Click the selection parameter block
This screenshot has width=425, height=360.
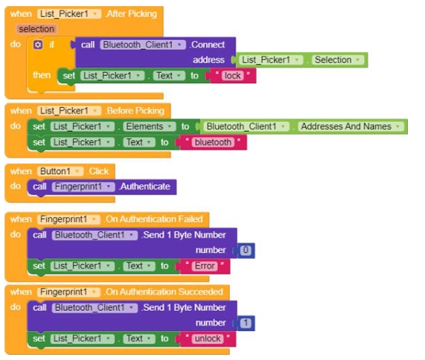tap(36, 29)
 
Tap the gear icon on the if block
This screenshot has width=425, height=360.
tap(38, 45)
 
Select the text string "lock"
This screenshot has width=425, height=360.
tap(232, 76)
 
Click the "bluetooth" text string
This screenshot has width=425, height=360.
tap(213, 142)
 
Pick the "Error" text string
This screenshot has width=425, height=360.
tap(205, 266)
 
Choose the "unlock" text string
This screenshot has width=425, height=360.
tap(208, 338)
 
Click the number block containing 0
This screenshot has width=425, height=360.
tap(246, 250)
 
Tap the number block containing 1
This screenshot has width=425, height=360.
tap(246, 323)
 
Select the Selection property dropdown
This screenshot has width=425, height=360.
tap(338, 60)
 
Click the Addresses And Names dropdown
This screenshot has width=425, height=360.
tap(351, 126)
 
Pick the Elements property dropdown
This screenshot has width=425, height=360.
tap(150, 126)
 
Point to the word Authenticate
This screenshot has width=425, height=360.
tap(145, 187)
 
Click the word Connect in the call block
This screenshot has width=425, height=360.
tap(208, 45)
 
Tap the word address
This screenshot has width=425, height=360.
tap(208, 60)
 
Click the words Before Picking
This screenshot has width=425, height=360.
tap(135, 111)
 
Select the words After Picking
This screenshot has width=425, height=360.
tap(132, 14)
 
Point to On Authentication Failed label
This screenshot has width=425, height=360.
tap(154, 219)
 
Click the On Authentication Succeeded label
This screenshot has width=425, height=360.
tap(164, 292)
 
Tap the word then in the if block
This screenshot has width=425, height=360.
tap(42, 75)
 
